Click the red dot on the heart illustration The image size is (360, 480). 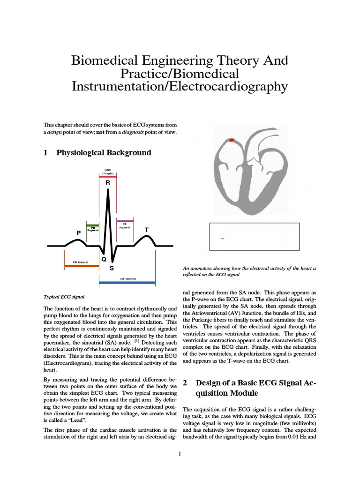tap(231, 140)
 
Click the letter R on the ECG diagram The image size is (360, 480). tap(108, 182)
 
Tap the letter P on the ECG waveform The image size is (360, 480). tap(79, 232)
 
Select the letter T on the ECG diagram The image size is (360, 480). tap(146, 230)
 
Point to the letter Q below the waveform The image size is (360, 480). tap(104, 259)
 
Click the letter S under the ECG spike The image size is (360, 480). tap(112, 269)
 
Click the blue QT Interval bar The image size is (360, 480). tap(127, 283)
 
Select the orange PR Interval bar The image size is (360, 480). tap(82, 265)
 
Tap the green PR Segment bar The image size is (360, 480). tap(92, 225)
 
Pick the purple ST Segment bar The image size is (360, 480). tap(125, 221)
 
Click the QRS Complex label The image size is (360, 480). tap(108, 172)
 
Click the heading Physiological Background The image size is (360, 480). tap(104, 153)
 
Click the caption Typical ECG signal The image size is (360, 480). tap(64, 297)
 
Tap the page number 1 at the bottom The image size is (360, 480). tap(180, 454)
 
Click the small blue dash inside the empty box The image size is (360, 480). tap(222, 239)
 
